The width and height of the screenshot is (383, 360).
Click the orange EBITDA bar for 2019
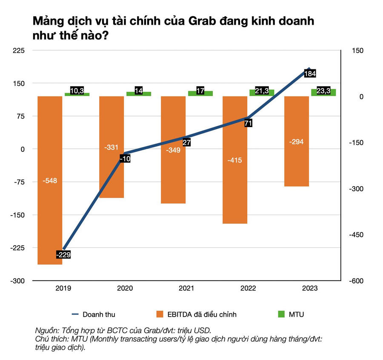50,204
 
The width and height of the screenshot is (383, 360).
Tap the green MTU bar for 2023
323,92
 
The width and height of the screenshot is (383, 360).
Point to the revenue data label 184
310,74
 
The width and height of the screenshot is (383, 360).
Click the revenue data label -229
63,255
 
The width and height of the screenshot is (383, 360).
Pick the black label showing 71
249,123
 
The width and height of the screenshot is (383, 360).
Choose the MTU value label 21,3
262,91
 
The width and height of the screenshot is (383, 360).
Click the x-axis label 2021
186,288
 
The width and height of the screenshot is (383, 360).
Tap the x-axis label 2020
125,288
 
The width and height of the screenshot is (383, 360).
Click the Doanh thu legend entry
99,315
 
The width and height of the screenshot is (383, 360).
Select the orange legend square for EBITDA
160,315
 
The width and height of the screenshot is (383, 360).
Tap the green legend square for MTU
281,315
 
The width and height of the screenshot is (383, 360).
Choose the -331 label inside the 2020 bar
111,147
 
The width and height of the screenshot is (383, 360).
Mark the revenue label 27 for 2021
186,142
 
